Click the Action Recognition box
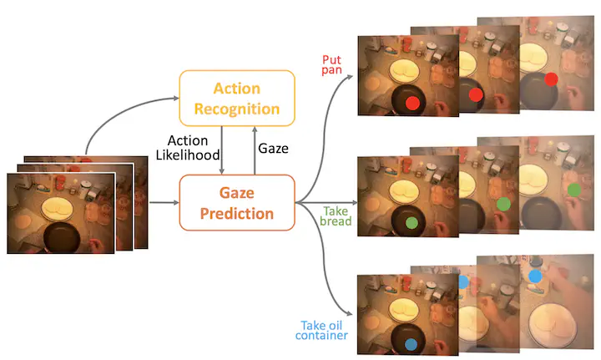(x=237, y=98)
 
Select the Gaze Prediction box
(x=236, y=202)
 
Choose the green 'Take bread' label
(x=337, y=215)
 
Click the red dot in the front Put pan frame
(x=412, y=103)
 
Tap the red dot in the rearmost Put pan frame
(x=551, y=79)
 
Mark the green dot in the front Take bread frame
(x=412, y=223)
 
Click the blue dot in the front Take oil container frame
(x=411, y=343)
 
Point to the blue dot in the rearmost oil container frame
(x=536, y=275)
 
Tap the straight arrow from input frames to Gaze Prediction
(x=164, y=202)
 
